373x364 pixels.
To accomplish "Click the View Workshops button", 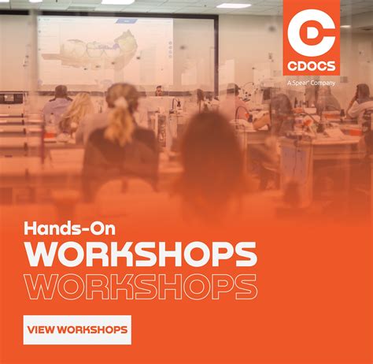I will coord(77,329).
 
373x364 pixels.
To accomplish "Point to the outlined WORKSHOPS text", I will coord(141,287).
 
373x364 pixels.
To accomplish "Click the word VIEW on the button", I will coord(44,329).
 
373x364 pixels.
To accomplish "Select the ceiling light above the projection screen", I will coord(118,2).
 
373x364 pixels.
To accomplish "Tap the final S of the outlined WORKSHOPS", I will coord(247,287).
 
